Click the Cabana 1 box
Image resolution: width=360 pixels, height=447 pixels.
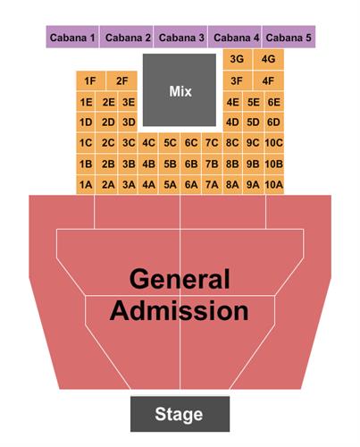(72, 37)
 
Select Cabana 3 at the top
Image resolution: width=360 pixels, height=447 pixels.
(180, 37)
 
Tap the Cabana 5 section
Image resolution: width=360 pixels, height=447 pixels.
(289, 37)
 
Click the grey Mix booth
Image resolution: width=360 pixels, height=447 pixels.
(180, 90)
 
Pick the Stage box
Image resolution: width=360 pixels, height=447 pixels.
(180, 414)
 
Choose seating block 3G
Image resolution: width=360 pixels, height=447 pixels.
(238, 59)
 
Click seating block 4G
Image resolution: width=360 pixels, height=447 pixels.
(268, 59)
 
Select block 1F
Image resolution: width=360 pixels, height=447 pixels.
(90, 80)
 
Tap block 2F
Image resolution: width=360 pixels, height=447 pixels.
(121, 80)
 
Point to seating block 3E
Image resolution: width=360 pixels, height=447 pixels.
(129, 102)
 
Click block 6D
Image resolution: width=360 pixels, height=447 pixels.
(274, 122)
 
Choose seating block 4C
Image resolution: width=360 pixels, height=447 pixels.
(148, 143)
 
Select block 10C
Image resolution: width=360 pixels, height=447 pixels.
(274, 143)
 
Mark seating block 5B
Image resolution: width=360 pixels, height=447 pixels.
(170, 164)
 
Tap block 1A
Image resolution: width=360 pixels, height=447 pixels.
(86, 185)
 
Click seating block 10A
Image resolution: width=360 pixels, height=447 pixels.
(274, 185)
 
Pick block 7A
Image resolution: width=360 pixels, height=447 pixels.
(212, 185)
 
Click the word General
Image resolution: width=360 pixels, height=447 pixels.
(180, 279)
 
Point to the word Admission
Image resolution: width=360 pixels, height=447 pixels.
(180, 310)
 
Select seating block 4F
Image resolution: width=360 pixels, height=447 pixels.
(268, 80)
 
